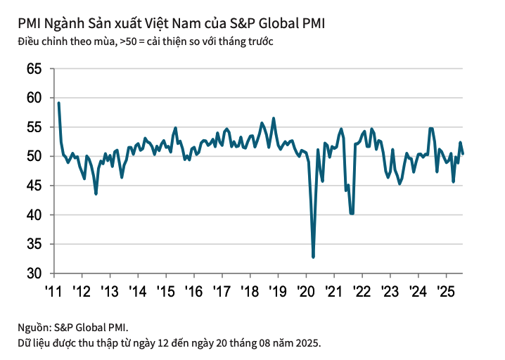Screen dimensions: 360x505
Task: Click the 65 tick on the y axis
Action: (x=34, y=69)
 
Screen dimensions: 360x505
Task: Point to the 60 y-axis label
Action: (x=34, y=98)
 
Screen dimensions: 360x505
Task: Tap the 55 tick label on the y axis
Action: (x=34, y=127)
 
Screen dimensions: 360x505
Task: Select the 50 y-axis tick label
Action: (x=34, y=156)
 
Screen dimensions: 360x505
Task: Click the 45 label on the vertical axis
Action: (x=34, y=186)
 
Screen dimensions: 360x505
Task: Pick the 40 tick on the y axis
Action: (x=34, y=214)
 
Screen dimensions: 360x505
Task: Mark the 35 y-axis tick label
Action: (x=34, y=244)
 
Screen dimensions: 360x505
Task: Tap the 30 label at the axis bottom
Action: (x=34, y=273)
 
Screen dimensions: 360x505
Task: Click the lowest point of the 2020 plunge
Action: (x=313, y=257)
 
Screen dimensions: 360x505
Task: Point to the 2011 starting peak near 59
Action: (x=58, y=103)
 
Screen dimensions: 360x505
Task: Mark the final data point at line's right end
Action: (x=463, y=154)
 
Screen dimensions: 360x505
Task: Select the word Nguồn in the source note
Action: (x=34, y=328)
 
